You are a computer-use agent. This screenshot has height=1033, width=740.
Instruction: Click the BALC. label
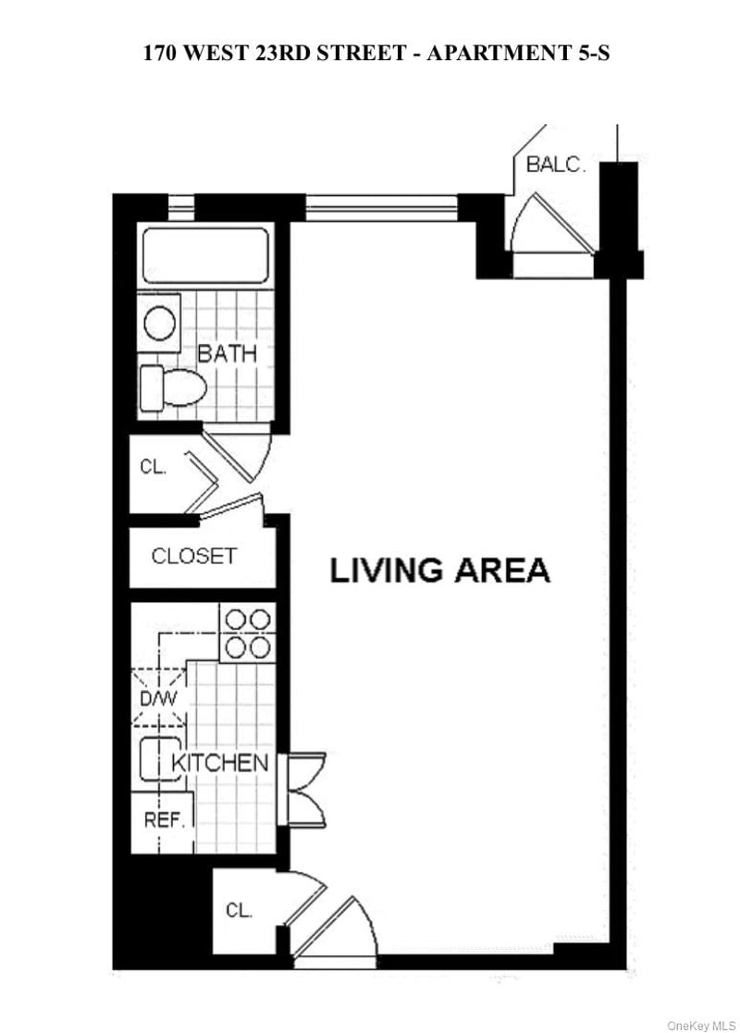click(x=555, y=166)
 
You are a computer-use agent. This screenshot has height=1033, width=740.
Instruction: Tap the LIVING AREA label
click(x=439, y=570)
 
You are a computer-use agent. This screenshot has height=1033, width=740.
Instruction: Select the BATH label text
click(x=227, y=353)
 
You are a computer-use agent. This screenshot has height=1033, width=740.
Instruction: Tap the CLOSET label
click(x=193, y=556)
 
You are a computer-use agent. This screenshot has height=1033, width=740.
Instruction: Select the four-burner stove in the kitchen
click(x=247, y=633)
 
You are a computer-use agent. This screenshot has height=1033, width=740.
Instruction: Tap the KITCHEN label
click(x=220, y=763)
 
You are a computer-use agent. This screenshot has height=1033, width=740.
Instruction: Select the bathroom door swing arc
click(x=242, y=454)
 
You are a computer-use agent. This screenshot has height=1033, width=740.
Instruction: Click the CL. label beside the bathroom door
click(x=153, y=467)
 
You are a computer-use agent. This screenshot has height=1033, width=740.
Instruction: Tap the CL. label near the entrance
click(x=239, y=910)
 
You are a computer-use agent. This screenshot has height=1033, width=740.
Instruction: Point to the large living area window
click(x=381, y=208)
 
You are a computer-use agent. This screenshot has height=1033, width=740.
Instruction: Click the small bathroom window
click(x=181, y=207)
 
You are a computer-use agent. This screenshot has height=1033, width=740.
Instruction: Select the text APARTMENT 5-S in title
click(x=517, y=54)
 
